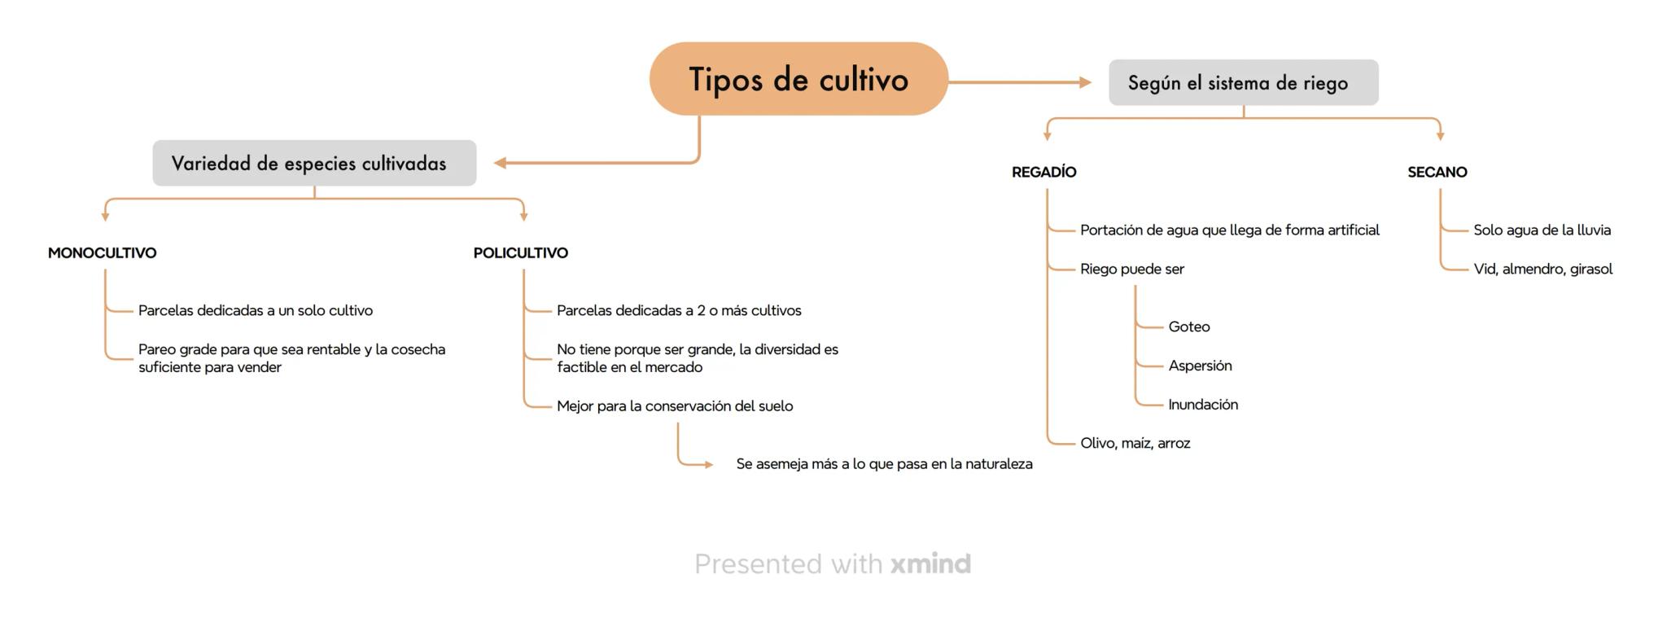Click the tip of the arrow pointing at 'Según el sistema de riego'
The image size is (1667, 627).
[x=1092, y=82]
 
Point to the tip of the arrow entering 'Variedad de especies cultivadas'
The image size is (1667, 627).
[x=494, y=163]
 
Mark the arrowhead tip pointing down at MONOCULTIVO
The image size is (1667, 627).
[x=105, y=221]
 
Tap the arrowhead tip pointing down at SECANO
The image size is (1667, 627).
[x=1440, y=141]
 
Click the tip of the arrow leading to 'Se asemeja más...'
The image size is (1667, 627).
[x=714, y=465]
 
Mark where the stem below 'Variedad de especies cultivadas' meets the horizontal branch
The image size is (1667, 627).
[x=314, y=199]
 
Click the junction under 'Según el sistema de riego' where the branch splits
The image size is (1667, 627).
[x=1244, y=118]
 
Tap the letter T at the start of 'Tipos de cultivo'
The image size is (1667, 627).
[x=698, y=80]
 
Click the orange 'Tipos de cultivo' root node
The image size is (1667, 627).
[x=798, y=79]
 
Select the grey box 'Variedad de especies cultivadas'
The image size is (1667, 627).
[x=314, y=163]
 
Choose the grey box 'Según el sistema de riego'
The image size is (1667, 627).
[x=1243, y=82]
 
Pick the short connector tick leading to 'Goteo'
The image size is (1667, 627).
[x=1149, y=327]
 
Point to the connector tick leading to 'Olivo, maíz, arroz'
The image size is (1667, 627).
[x=1061, y=443]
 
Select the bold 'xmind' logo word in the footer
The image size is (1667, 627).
[x=930, y=563]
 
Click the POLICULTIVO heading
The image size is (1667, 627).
[x=521, y=253]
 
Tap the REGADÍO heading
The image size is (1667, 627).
[x=1044, y=172]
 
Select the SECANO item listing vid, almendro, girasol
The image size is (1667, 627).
[x=1542, y=270]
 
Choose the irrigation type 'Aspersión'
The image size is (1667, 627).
[x=1200, y=366]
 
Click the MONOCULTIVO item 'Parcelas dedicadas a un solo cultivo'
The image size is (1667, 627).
[x=256, y=310]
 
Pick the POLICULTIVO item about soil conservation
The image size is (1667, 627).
[x=675, y=406]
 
